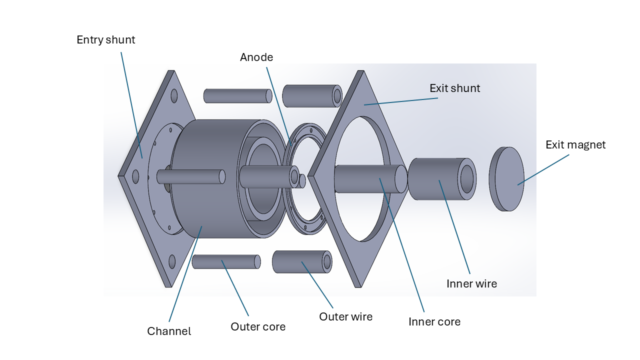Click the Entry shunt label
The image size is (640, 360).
(105, 40)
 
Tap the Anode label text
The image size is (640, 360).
(256, 57)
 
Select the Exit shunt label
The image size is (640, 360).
(454, 88)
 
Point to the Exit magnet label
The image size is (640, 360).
(575, 145)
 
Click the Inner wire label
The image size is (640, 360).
(471, 284)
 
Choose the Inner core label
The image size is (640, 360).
(434, 322)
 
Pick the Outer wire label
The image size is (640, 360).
(345, 317)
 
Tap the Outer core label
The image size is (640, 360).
(258, 327)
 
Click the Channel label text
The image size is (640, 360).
(169, 331)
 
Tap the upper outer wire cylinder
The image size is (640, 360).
(310, 96)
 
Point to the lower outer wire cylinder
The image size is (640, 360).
(300, 261)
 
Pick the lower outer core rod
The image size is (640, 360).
(225, 261)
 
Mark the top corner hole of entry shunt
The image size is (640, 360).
(174, 95)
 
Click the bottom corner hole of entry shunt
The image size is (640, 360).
(172, 261)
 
